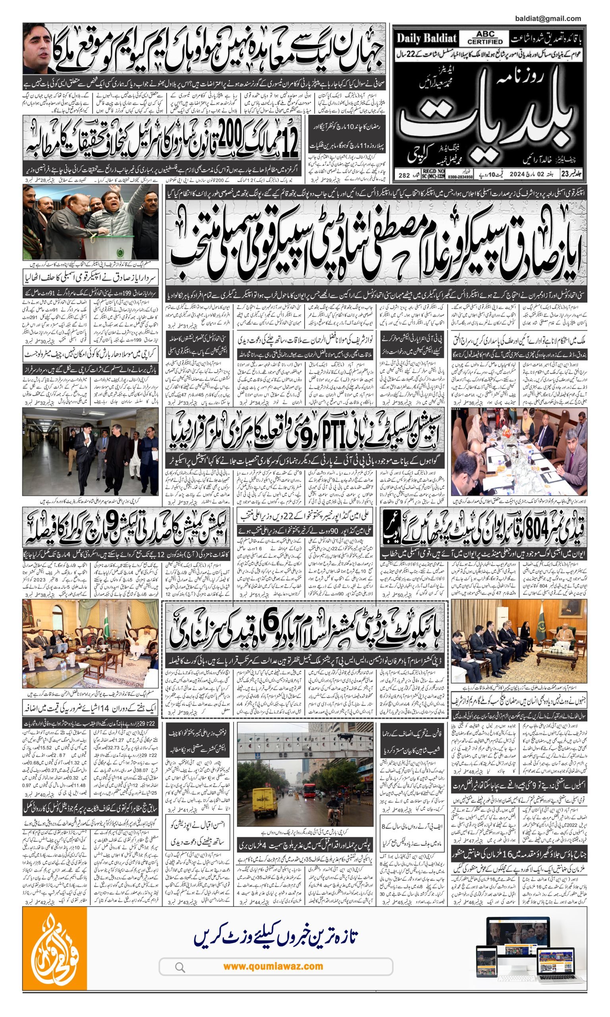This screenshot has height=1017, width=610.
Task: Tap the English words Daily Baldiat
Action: pos(427,39)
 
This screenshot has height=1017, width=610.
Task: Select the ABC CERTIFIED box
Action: pos(485,38)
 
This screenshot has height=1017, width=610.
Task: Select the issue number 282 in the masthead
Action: pos(404,176)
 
